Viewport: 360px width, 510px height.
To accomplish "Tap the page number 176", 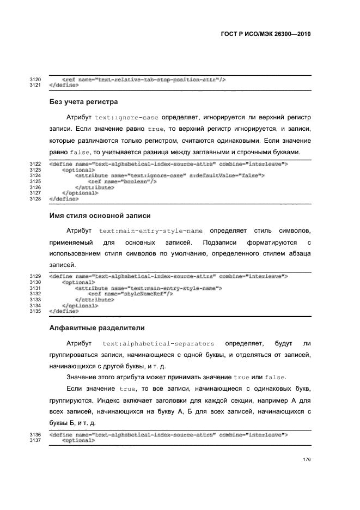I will (x=307, y=460).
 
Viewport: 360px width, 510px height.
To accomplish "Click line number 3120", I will (x=35, y=80).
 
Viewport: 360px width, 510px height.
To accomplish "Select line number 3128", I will (x=35, y=199).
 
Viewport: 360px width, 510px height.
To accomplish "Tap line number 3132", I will (x=35, y=294).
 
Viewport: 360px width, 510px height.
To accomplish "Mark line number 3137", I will (x=35, y=441).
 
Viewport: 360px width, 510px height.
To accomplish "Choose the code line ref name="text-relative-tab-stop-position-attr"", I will (x=144, y=80).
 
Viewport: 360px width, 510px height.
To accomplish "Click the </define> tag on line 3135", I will (x=63, y=311).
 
